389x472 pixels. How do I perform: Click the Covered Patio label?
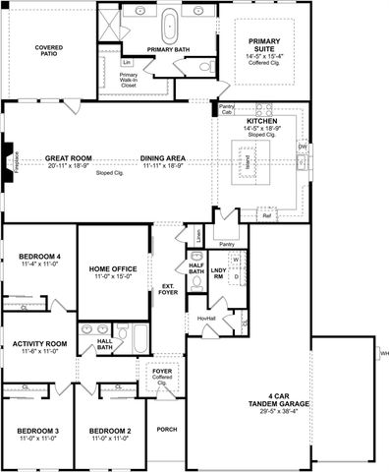click(x=49, y=50)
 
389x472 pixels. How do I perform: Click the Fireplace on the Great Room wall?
click(x=9, y=159)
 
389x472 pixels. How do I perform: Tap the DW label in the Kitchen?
click(x=303, y=148)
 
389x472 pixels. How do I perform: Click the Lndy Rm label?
click(x=219, y=272)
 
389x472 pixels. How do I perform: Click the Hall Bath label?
click(x=104, y=344)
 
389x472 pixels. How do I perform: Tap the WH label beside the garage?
click(x=384, y=353)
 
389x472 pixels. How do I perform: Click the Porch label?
click(x=165, y=428)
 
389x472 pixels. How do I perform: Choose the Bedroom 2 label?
click(x=110, y=431)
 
